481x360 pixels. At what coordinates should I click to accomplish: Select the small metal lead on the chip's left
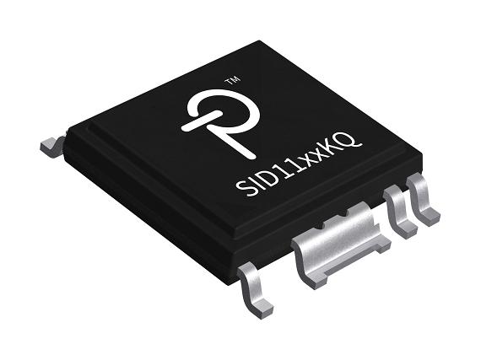click(52, 144)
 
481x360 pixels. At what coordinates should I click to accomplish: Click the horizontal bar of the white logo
click(199, 123)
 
